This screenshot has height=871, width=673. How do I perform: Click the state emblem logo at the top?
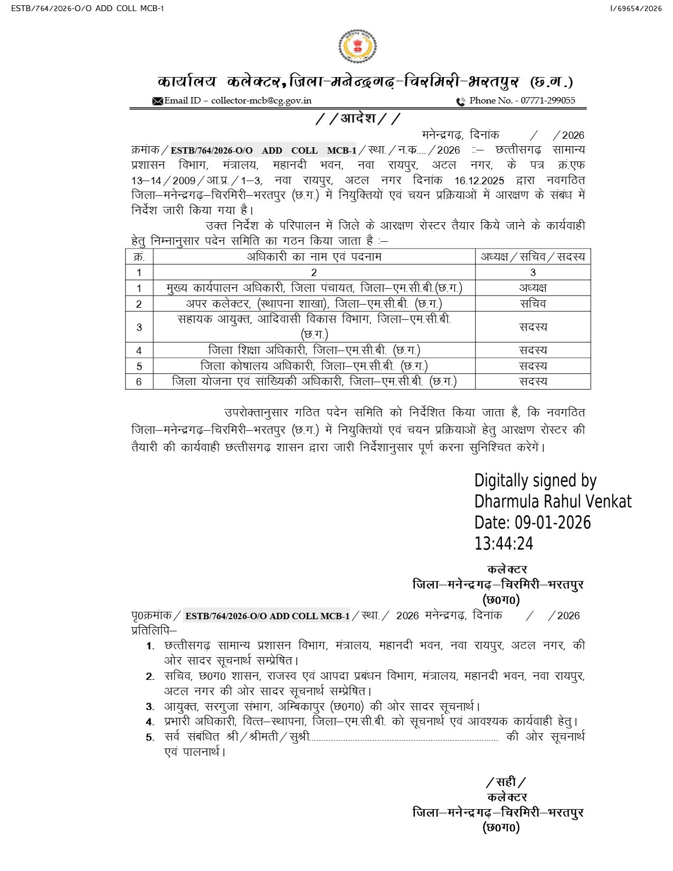(x=357, y=47)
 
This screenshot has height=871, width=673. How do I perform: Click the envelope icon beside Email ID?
(x=157, y=101)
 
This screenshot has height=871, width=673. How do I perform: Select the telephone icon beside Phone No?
(x=461, y=101)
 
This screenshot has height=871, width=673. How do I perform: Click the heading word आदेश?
(x=358, y=118)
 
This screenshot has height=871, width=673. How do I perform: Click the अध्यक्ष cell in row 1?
(x=533, y=288)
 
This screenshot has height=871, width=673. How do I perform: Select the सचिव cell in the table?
(x=533, y=304)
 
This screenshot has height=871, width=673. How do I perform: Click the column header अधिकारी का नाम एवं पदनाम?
(x=314, y=257)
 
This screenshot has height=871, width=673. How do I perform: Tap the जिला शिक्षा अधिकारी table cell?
(x=314, y=351)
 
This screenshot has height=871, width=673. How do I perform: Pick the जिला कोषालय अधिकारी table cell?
(x=314, y=366)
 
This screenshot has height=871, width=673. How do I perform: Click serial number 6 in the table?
(x=139, y=382)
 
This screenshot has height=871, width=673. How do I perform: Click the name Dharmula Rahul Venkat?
(x=553, y=501)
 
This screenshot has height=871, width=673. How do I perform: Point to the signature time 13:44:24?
(x=504, y=544)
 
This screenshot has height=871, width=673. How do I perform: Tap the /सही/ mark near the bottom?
(x=506, y=782)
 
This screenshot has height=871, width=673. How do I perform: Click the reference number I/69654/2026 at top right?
(x=636, y=8)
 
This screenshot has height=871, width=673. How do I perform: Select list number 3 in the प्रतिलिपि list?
(x=150, y=707)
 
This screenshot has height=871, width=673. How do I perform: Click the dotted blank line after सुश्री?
(x=404, y=738)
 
